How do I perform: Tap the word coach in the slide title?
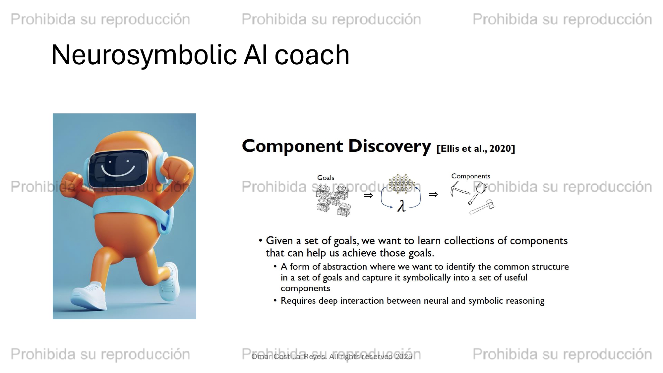point(312,55)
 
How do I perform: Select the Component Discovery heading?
point(336,146)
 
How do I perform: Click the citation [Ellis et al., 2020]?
point(476,149)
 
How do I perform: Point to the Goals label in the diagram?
point(326,178)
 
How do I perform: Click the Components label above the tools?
point(471,176)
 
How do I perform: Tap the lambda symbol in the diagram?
point(401,206)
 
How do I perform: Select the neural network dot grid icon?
point(401,184)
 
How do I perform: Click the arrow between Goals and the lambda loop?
point(368,196)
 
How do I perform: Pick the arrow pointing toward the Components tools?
point(433,195)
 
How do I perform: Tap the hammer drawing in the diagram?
point(482,207)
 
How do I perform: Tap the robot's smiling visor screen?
point(118,168)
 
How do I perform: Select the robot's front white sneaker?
point(89,295)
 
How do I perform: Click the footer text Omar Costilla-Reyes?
point(289,357)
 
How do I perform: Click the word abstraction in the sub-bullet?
point(345,267)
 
